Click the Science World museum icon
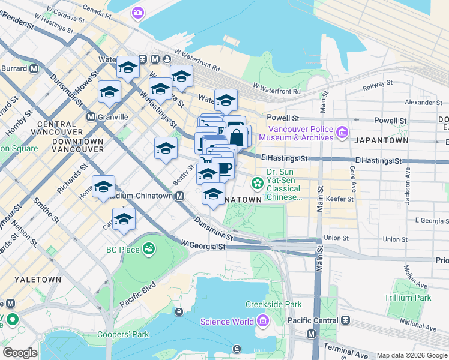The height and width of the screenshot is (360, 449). (x=262, y=322)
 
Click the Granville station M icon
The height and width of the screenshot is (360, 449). (x=91, y=116)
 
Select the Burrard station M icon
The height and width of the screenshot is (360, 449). (x=34, y=68)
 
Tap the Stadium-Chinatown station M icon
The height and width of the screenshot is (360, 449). (x=179, y=196)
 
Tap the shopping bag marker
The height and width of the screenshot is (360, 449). (x=237, y=137)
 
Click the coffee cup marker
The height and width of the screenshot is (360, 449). (x=223, y=168)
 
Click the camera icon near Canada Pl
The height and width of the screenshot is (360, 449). (x=139, y=13)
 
